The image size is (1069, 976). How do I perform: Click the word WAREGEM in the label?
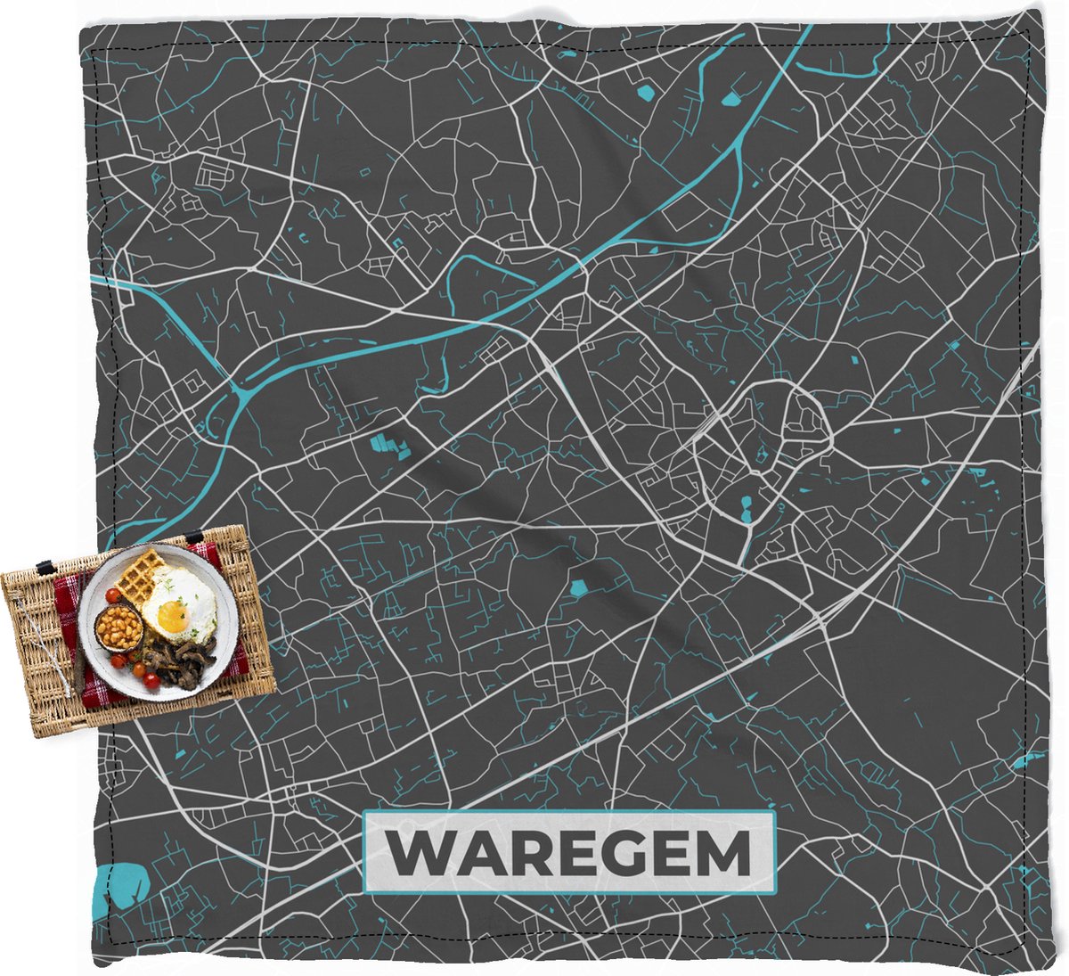click(570, 853)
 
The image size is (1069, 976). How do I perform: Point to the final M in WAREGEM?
click(721, 854)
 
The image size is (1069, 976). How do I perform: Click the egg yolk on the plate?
click(172, 617)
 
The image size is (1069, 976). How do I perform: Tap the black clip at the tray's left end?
click(42, 567)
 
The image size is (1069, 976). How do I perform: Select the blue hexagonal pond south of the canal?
click(579, 587)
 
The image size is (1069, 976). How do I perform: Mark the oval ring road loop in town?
click(806, 419)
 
